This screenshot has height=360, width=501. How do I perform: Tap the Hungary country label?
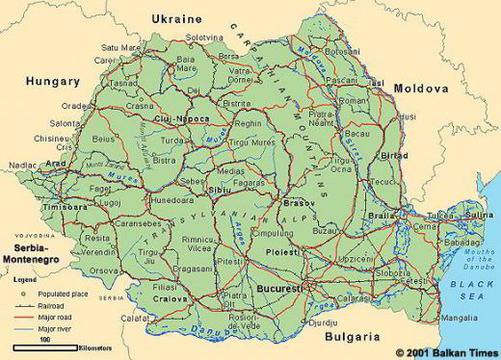[53, 81]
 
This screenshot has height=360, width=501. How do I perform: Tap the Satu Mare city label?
[121, 46]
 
